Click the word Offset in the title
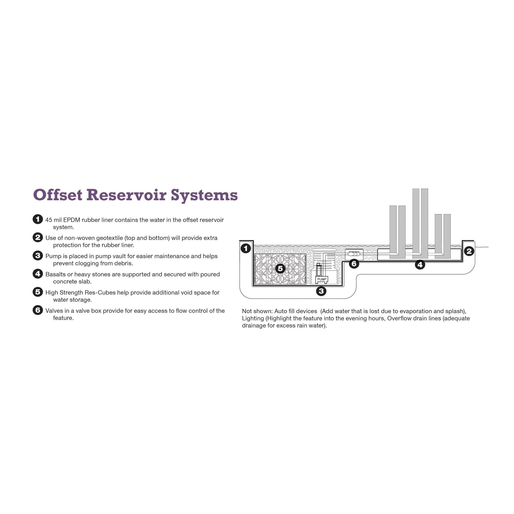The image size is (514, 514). tap(58, 195)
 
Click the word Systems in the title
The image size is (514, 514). tap(204, 195)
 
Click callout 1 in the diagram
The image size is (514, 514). tap(246, 249)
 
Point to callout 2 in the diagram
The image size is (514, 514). tap(469, 251)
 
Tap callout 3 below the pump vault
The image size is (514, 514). tap(321, 291)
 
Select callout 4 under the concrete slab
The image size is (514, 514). tap(420, 265)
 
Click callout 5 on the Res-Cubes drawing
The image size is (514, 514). tap(280, 269)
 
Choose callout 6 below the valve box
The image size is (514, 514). tap(354, 264)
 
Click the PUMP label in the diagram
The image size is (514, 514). tap(322, 279)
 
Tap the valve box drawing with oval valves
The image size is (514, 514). tap(354, 254)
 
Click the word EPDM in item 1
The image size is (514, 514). tap(72, 220)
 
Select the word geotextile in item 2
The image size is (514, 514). tap(109, 238)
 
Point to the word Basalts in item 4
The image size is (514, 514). tap(55, 274)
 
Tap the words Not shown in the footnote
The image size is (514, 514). tap(257, 311)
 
